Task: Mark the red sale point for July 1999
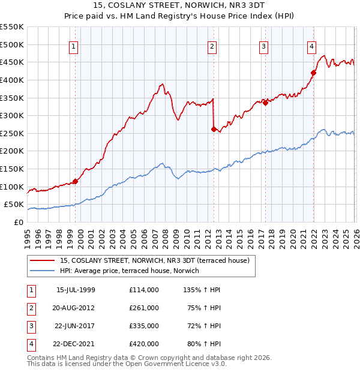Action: [75, 181]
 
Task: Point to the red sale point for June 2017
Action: [265, 103]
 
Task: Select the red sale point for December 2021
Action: [313, 73]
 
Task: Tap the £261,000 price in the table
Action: [143, 308]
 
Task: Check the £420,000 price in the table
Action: [143, 344]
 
